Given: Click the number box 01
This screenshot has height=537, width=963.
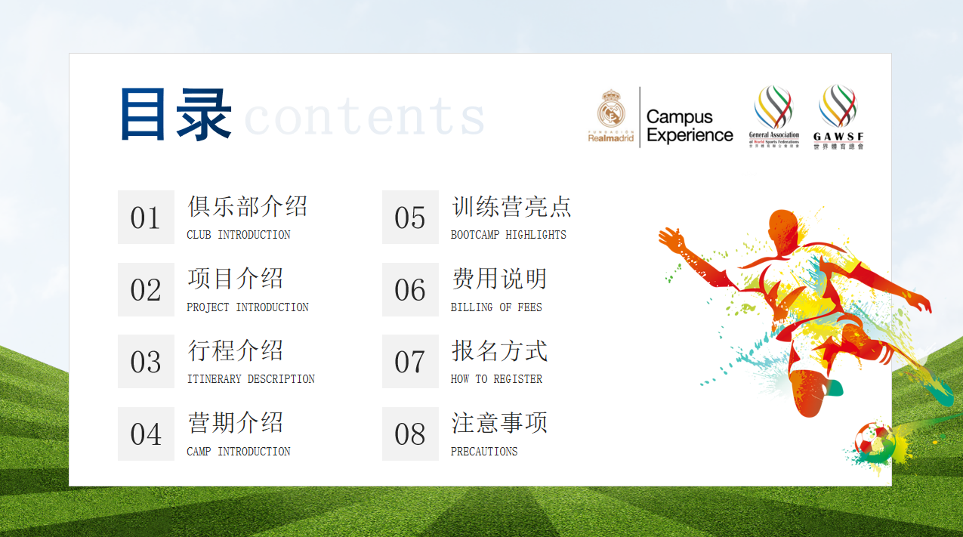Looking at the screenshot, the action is pyautogui.click(x=147, y=217).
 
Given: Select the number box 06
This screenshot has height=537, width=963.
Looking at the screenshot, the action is pyautogui.click(x=411, y=290).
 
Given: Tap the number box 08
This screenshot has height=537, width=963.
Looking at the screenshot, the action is pyautogui.click(x=411, y=434).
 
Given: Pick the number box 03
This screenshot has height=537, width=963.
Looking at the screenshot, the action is pyautogui.click(x=147, y=362).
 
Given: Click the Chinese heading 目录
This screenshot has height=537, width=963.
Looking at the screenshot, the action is pyautogui.click(x=176, y=114).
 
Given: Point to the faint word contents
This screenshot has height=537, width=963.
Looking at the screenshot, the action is pyautogui.click(x=365, y=116).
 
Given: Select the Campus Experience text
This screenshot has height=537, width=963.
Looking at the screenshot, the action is pyautogui.click(x=690, y=126).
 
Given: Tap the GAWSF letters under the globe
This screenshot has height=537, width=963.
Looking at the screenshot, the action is pyautogui.click(x=838, y=137).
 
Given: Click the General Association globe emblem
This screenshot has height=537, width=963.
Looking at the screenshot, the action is pyautogui.click(x=773, y=107).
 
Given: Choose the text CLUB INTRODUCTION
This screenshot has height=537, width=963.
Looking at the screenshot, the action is pyautogui.click(x=239, y=235).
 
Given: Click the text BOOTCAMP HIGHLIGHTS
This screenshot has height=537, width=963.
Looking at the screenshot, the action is pyautogui.click(x=508, y=235).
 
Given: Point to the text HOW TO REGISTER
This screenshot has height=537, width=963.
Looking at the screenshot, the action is pyautogui.click(x=496, y=379).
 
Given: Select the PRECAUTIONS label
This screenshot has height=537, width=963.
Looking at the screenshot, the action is pyautogui.click(x=484, y=452).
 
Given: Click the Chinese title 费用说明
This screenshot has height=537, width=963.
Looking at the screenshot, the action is pyautogui.click(x=499, y=279).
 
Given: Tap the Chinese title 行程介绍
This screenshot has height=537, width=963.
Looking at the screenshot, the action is pyautogui.click(x=235, y=350).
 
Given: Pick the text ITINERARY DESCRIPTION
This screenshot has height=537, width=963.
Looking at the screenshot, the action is pyautogui.click(x=251, y=379).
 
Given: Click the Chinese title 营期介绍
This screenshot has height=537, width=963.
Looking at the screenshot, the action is pyautogui.click(x=235, y=423).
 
